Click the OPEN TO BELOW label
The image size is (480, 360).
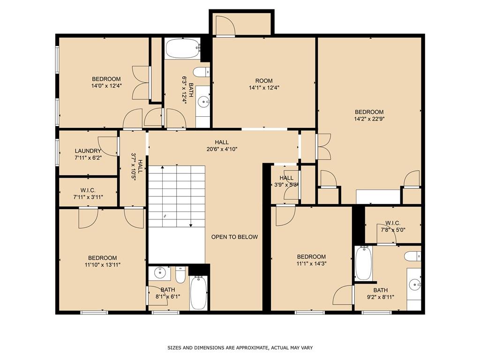[x=234, y=237]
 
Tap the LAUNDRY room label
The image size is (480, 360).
[x=88, y=151]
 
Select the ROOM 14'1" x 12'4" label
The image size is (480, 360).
[x=264, y=81]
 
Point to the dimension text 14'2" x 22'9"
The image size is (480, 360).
[x=369, y=119]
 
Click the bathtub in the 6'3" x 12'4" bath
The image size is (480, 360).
[x=182, y=49]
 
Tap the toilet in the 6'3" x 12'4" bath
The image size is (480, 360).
[x=202, y=72]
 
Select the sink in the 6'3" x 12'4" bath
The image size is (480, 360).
[x=203, y=100]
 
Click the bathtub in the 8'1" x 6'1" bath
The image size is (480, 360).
[x=198, y=292]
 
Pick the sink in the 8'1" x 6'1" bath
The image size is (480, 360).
[x=160, y=272]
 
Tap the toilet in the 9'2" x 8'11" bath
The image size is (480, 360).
[x=412, y=256]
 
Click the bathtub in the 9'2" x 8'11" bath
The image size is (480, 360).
[x=363, y=263]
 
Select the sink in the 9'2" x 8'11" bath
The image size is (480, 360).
[x=414, y=284]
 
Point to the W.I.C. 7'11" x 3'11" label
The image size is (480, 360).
[x=88, y=194]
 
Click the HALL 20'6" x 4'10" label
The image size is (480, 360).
[x=222, y=146]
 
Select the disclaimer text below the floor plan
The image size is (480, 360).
[x=240, y=348]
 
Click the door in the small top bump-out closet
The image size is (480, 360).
[x=224, y=25]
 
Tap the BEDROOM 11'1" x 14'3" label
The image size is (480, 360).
[x=311, y=260]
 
